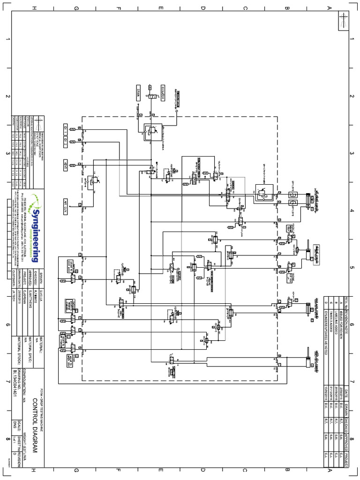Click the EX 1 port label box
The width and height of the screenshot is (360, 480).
point(66,127)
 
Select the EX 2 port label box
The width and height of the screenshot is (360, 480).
point(66,141)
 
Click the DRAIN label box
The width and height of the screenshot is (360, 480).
point(139,90)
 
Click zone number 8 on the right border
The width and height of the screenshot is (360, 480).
point(351,440)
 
